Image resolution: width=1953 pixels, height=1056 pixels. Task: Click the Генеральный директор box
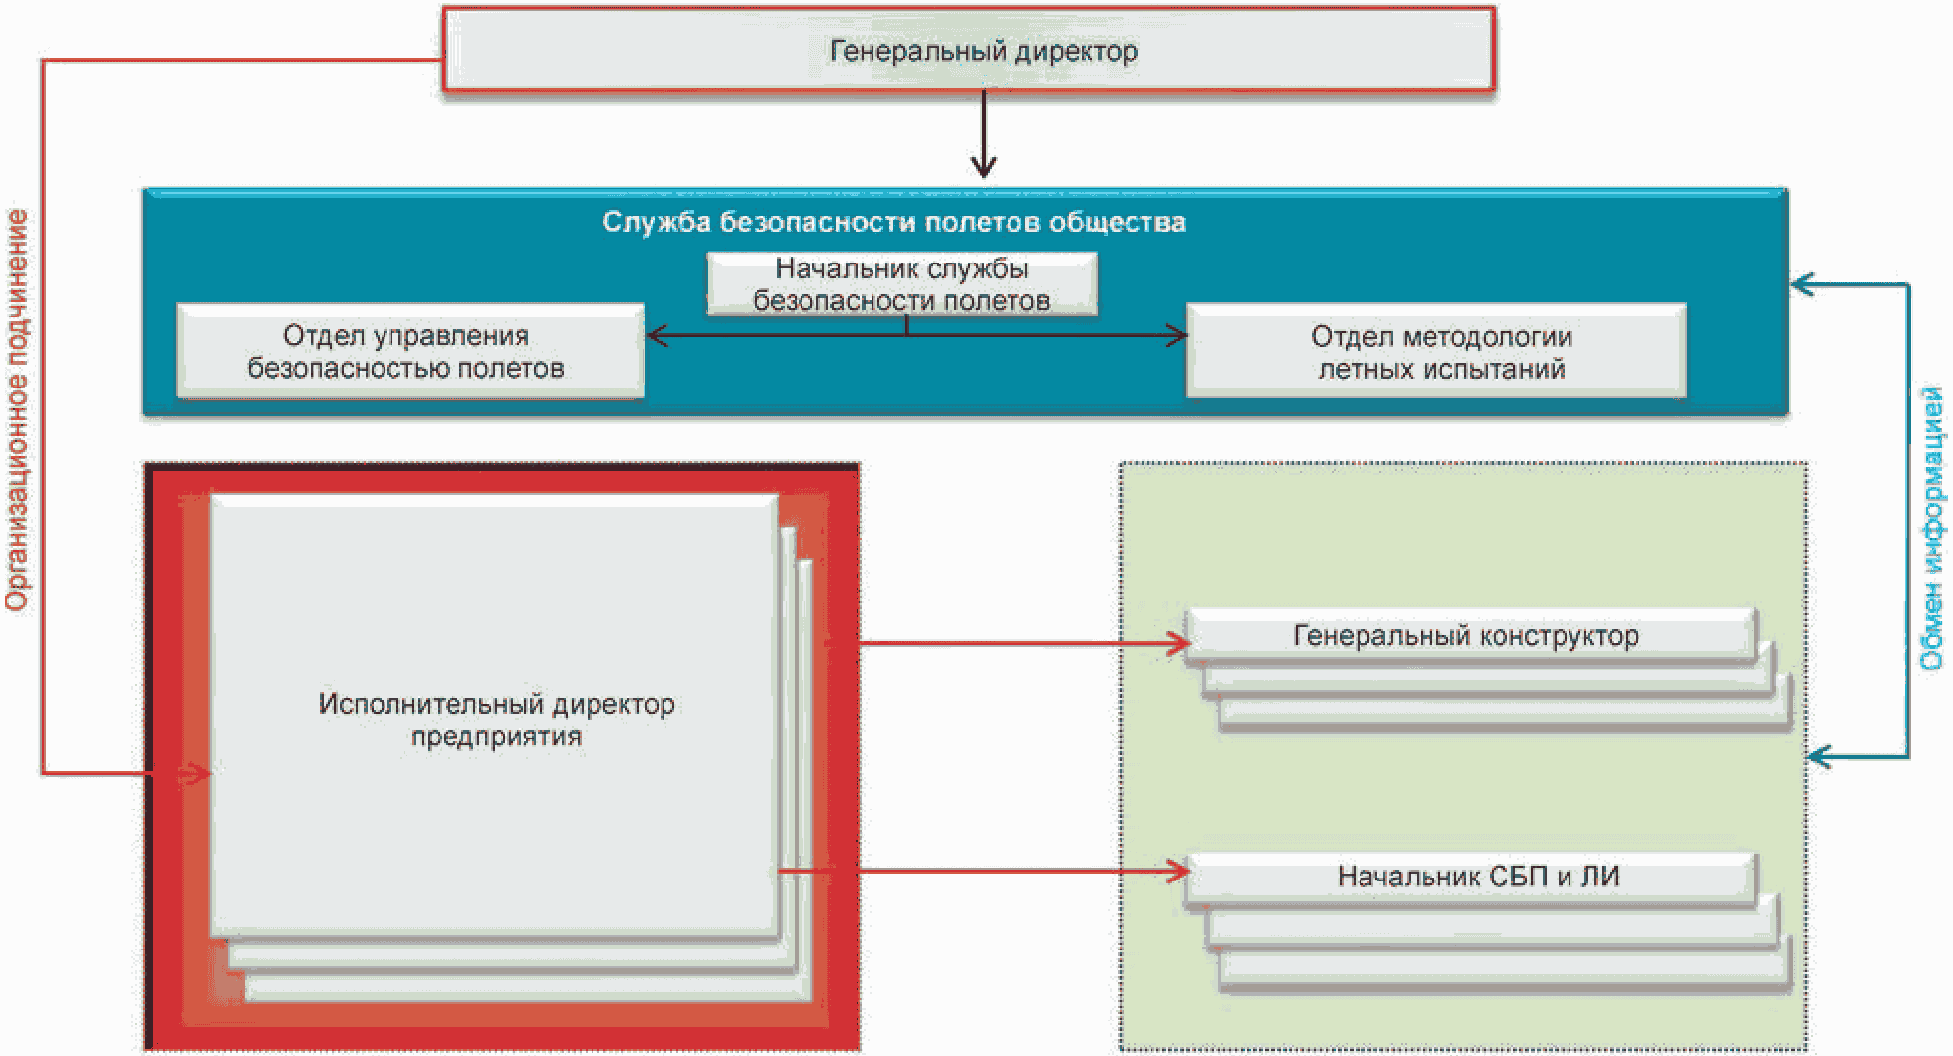[x=968, y=49]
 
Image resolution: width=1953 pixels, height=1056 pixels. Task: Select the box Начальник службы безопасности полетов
[x=901, y=284]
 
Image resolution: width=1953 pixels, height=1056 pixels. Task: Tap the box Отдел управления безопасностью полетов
[x=410, y=351]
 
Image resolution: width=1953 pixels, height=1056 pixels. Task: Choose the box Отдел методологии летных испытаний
[x=1436, y=351]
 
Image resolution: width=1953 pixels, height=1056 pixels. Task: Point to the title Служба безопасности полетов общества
[x=894, y=222]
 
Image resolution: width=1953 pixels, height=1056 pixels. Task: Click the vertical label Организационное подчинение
[x=18, y=409]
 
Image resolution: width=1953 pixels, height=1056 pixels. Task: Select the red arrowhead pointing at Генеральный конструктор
[x=1179, y=643]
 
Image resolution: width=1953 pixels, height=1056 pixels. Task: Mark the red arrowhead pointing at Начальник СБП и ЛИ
[x=1179, y=871]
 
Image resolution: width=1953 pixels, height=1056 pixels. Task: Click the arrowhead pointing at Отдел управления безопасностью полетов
[x=658, y=336]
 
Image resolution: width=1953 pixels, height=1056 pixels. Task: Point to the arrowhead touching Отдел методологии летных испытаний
[x=1176, y=336]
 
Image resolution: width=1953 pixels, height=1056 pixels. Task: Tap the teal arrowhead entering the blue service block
[x=1803, y=285]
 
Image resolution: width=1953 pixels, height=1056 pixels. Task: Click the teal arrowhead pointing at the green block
[x=1820, y=757]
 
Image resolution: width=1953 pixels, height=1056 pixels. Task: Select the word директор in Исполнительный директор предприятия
[x=613, y=704]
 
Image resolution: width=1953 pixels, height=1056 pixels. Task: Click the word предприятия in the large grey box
[x=496, y=737]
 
